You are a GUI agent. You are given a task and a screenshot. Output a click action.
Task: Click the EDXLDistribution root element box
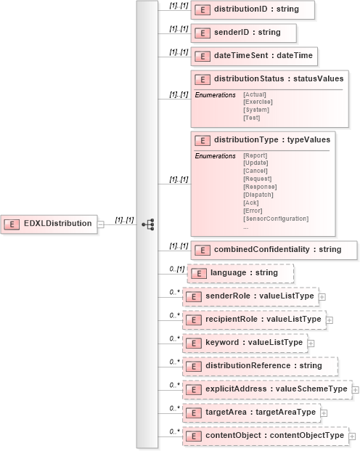49,224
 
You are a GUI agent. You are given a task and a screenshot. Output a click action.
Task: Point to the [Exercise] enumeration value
258,102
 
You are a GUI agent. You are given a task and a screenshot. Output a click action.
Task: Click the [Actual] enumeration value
255,94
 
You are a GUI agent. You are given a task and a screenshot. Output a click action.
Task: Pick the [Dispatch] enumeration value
258,195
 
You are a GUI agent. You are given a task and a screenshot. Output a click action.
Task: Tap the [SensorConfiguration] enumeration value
276,219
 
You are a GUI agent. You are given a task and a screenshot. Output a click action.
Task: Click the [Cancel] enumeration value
255,171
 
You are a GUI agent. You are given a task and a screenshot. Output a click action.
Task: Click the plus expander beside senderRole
322,296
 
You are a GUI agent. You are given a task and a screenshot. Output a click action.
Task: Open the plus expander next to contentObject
352,436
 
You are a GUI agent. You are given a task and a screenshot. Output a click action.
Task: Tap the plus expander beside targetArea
324,413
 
